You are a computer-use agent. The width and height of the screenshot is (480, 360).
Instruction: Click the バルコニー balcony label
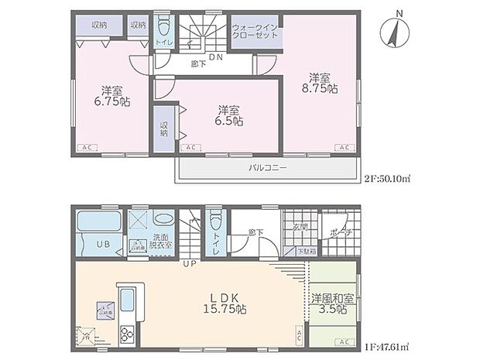pyautogui.click(x=266, y=166)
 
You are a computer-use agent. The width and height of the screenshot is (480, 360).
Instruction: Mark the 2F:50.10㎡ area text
pyautogui.click(x=387, y=179)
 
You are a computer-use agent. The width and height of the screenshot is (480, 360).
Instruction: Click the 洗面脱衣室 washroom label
pyautogui.click(x=162, y=241)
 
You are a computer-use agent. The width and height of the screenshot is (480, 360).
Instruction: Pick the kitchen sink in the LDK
pyautogui.click(x=128, y=297)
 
